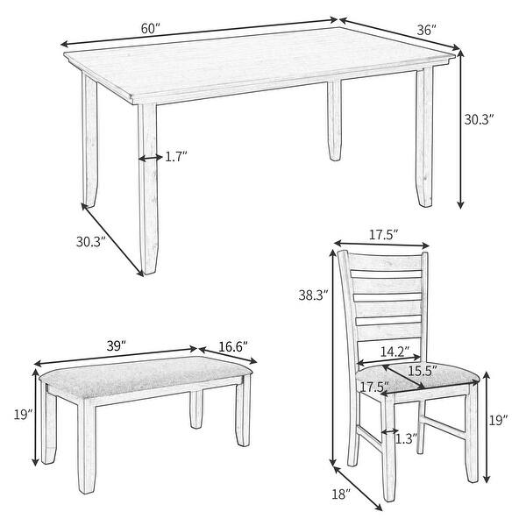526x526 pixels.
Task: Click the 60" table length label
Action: [x=150, y=28]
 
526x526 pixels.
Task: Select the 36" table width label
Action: [x=427, y=30]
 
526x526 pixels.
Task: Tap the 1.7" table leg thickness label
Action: [x=176, y=157]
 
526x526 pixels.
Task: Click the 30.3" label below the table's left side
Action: [x=90, y=239]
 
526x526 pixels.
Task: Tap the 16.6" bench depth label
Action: [x=232, y=347]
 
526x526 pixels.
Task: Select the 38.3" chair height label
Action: [x=311, y=296]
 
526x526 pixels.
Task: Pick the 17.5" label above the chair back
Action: [x=383, y=235]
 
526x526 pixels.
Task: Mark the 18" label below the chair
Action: [x=342, y=494]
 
